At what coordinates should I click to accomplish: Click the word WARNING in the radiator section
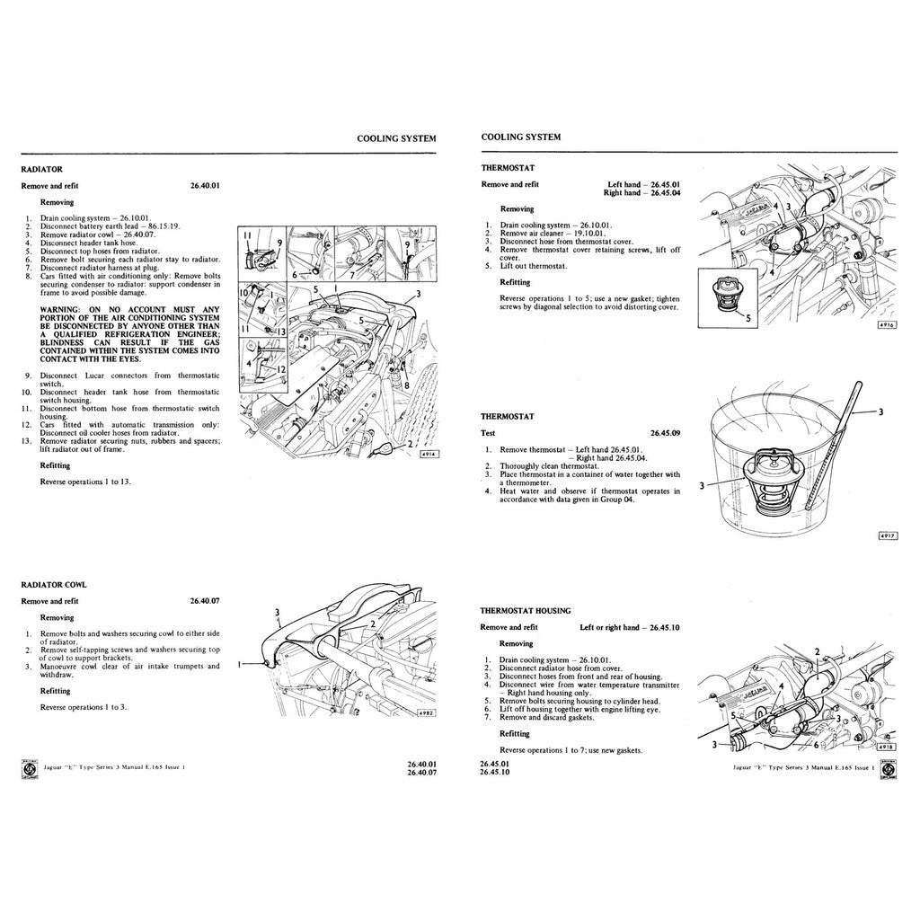(59, 309)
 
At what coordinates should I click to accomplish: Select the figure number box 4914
(429, 455)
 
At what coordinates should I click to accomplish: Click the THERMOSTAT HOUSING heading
(525, 610)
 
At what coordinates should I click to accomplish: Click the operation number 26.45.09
(665, 433)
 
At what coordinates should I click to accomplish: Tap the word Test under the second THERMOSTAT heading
(491, 433)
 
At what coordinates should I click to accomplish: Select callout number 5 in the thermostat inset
(751, 317)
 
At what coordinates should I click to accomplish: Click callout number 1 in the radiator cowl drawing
(241, 665)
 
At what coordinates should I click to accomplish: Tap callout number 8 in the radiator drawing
(407, 385)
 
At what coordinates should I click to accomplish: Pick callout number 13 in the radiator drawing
(281, 332)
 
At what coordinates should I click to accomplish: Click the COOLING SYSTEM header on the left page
(396, 138)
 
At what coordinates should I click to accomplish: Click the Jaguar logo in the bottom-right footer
(889, 770)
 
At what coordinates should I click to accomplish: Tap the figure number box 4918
(887, 747)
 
